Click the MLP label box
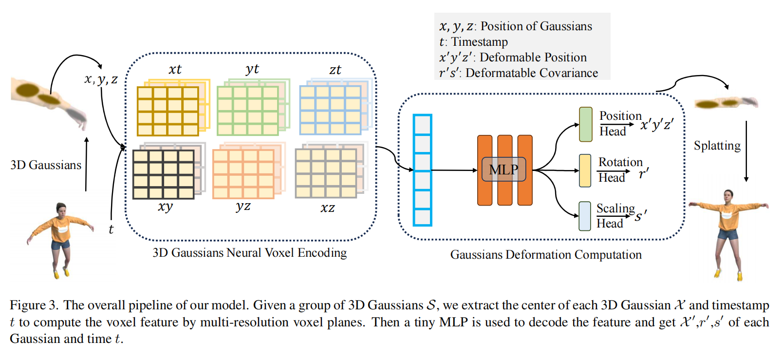point(503,170)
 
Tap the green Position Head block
point(585,125)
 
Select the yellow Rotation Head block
point(585,171)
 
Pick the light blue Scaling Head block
point(585,216)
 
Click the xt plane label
point(175,70)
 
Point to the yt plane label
point(252,69)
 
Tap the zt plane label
point(335,70)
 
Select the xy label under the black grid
point(165,207)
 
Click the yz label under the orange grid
point(243,207)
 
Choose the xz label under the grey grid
point(328,208)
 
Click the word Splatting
point(717,146)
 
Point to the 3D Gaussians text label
point(46,165)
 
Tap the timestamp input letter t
point(111,229)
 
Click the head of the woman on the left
point(62,209)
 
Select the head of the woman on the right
point(728,196)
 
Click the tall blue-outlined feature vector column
point(422,170)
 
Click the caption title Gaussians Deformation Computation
point(546,255)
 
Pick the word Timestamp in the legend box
point(480,42)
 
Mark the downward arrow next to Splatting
point(746,152)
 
